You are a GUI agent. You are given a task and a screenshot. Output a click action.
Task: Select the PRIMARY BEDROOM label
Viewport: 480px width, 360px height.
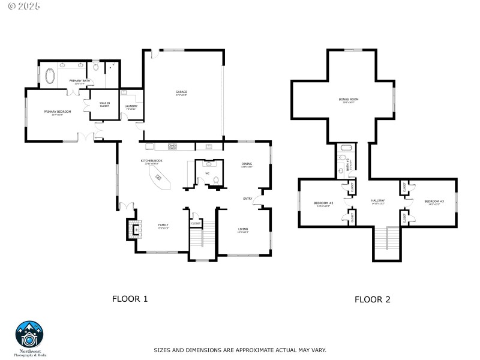click(x=58, y=112)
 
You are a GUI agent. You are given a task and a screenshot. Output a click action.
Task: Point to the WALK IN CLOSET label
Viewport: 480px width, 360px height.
click(x=104, y=104)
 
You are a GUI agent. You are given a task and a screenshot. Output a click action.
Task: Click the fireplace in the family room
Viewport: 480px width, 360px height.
click(x=134, y=229)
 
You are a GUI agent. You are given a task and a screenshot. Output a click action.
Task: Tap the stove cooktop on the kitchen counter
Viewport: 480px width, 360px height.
click(x=172, y=146)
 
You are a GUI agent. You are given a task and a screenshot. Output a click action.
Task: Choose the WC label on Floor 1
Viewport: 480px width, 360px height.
click(x=207, y=173)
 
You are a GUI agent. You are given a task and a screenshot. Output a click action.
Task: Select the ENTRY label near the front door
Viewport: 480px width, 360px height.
click(x=247, y=199)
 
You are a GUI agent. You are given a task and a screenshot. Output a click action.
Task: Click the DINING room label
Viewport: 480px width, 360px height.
click(x=247, y=165)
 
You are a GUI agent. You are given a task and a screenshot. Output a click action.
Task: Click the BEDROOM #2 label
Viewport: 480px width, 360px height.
click(x=323, y=203)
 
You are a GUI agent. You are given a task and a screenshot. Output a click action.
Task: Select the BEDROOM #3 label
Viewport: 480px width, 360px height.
click(x=434, y=202)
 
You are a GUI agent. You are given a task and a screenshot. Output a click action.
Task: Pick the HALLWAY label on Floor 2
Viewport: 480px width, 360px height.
click(x=377, y=202)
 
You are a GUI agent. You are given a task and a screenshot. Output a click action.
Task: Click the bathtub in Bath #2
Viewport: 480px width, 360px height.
click(x=346, y=148)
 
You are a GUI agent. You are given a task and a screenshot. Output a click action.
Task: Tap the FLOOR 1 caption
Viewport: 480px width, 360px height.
click(x=130, y=298)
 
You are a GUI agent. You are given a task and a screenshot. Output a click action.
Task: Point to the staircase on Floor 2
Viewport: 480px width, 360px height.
click(x=386, y=243)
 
